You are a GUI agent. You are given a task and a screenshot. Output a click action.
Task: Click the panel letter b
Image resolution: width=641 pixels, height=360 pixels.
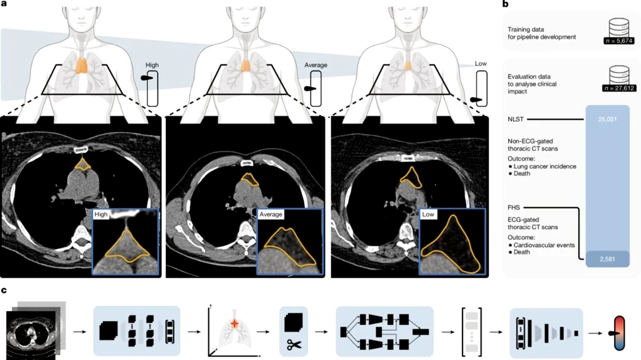point(506,4)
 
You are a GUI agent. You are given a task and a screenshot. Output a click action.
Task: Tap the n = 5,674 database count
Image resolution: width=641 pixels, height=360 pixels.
point(619,41)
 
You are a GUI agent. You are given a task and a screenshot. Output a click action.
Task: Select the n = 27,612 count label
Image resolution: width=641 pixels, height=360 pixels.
point(619,88)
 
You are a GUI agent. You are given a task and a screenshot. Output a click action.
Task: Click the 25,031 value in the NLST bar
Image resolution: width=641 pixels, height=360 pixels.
point(607,120)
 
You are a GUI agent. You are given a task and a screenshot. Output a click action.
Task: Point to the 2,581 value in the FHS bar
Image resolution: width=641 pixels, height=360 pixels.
point(607,259)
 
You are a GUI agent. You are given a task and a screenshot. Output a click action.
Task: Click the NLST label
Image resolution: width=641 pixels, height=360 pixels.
point(515,120)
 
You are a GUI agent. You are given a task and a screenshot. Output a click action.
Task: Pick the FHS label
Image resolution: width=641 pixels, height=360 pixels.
point(514,208)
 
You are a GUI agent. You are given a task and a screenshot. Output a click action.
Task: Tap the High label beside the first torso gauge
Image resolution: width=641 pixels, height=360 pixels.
point(152,65)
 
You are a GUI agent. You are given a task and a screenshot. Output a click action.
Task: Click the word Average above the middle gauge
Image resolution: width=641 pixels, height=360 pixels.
point(316,65)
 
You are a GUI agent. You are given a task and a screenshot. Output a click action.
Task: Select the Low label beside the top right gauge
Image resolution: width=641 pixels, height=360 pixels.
point(481,64)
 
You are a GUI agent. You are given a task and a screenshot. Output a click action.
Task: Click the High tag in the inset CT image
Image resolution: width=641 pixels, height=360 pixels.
point(101,215)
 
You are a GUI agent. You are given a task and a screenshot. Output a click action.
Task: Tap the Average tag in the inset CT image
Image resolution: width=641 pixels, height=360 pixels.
point(271,215)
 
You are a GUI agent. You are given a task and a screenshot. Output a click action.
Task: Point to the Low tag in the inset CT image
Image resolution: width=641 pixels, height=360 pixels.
point(428,215)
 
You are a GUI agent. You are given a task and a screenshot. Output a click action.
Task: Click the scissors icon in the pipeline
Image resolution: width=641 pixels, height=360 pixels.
point(294,345)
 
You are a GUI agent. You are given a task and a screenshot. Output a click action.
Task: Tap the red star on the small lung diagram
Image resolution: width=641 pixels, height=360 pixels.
point(235,324)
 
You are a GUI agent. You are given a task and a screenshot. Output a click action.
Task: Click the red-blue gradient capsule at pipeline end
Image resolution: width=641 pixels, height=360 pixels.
point(619,333)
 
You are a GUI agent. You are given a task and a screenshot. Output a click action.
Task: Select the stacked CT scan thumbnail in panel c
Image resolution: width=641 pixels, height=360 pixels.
point(36,330)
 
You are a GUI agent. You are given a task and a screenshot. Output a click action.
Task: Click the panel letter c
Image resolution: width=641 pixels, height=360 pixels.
point(4,291)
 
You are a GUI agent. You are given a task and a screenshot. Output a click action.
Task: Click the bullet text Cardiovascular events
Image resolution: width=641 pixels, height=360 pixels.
point(544,245)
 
